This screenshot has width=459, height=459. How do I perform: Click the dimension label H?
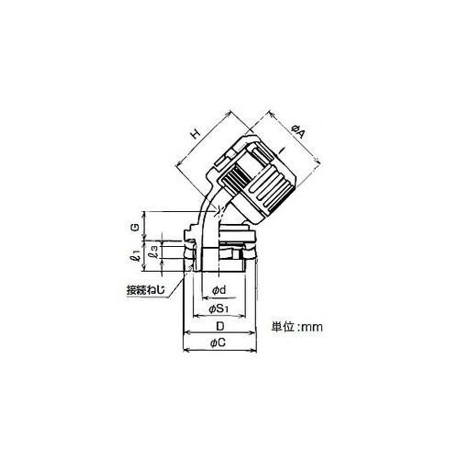pos(196,134)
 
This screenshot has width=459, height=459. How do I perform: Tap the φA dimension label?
pos(298,131)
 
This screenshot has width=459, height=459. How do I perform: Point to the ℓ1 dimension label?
pos(137,255)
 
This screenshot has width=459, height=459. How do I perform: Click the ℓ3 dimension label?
pos(154,252)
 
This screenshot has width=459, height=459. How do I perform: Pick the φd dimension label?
pos(219,290)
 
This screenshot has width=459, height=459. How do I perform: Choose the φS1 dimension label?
pos(218,309)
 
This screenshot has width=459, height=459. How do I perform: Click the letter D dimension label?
pos(220,327)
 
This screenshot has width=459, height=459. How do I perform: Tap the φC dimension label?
pos(218,343)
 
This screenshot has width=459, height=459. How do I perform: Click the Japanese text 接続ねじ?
pos(146,290)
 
